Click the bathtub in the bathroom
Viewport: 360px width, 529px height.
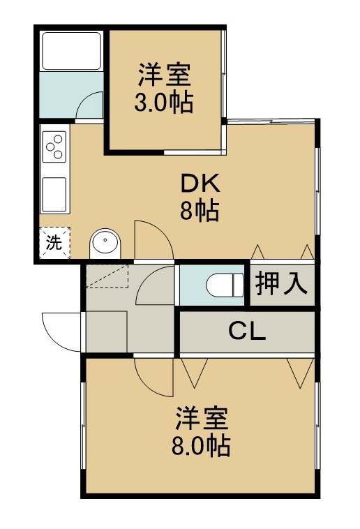point(71,51)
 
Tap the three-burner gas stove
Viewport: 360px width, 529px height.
point(54,147)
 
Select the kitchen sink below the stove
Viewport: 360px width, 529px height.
point(54,194)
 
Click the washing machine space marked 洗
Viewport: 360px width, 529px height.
point(54,243)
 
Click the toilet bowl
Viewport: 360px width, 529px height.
point(225,285)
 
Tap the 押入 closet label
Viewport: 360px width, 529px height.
point(282,284)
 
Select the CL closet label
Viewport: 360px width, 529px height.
point(247,331)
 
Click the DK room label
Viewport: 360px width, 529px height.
point(200,183)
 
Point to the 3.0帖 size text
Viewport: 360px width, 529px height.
point(164,102)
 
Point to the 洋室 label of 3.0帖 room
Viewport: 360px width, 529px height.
point(165,75)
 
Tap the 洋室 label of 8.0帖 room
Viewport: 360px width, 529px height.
point(202,418)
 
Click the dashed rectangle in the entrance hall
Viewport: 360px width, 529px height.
point(107,276)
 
